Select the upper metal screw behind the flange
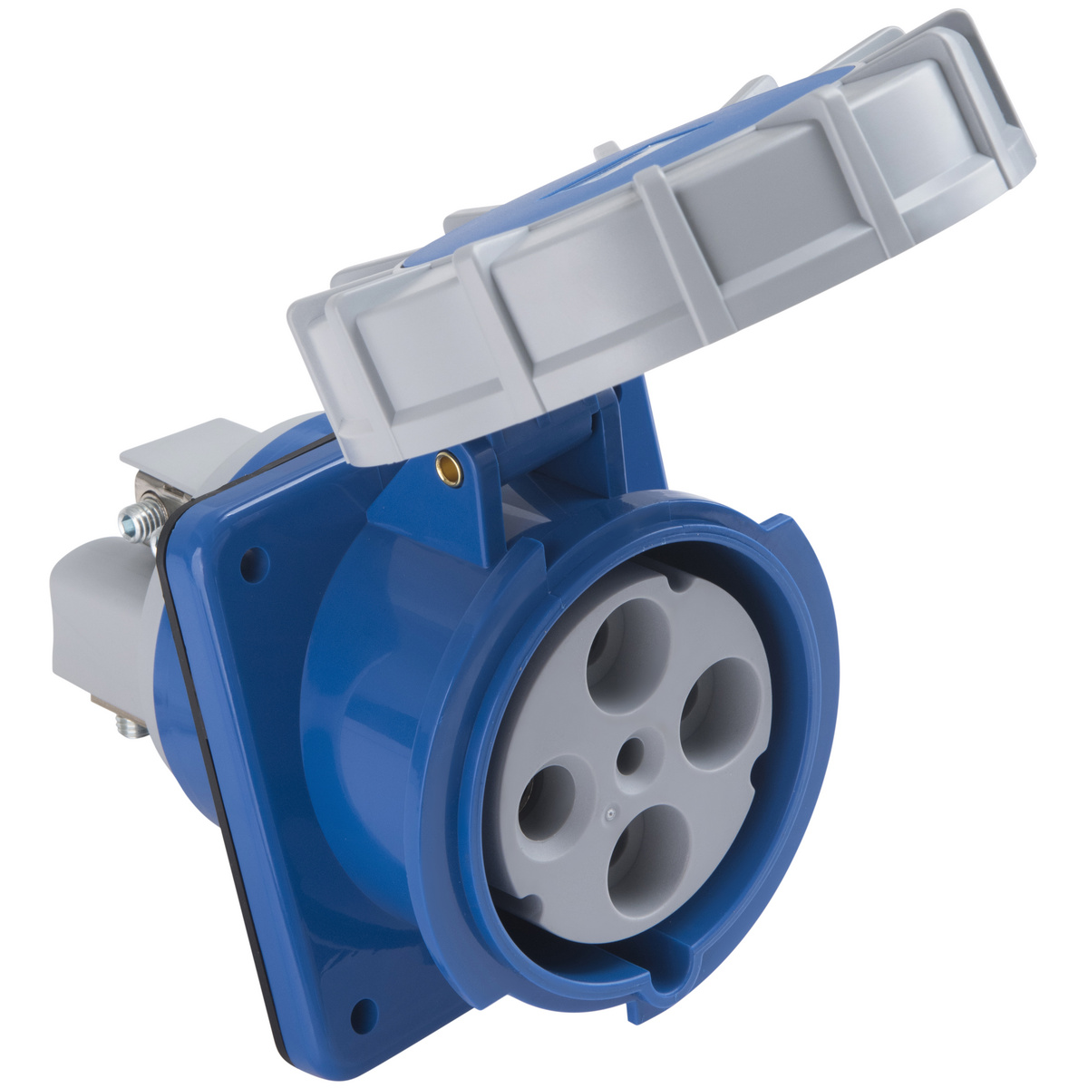click(x=136, y=522)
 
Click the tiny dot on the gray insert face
click(x=610, y=813)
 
